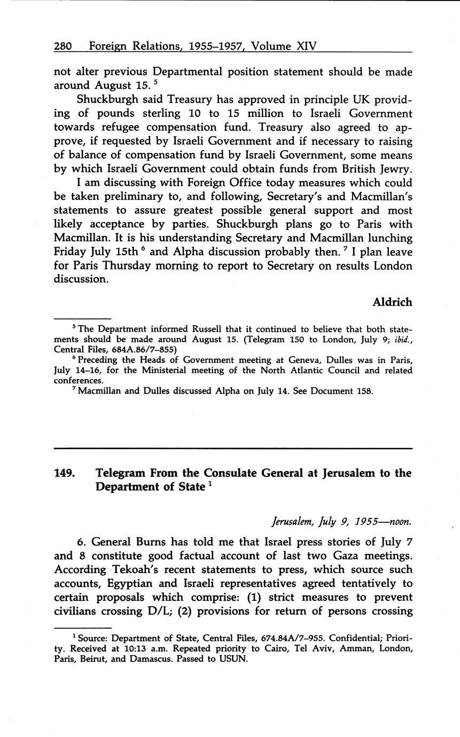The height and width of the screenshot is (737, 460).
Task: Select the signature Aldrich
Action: click(392, 302)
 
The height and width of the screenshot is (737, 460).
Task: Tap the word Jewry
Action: click(393, 169)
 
